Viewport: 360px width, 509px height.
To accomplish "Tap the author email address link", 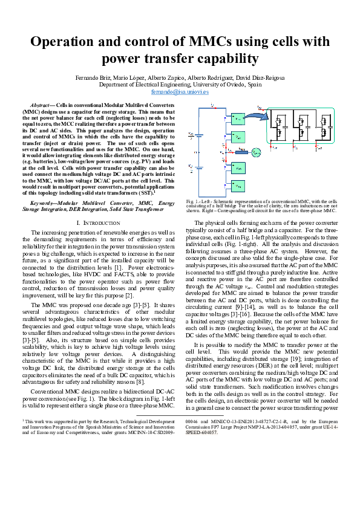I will point(180,92).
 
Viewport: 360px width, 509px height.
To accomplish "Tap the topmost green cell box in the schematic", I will point(237,117).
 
